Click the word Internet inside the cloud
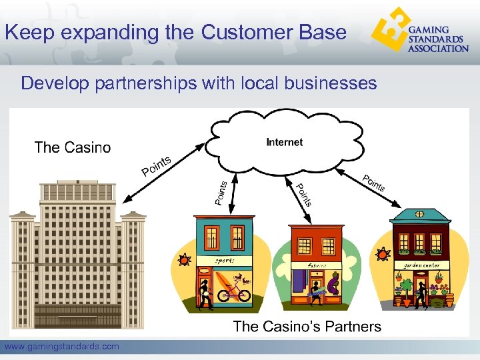pos(284,142)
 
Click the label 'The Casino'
pos(73,147)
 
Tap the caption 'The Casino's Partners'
pos(307,326)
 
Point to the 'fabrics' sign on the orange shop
pos(316,265)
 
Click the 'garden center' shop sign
pos(423,265)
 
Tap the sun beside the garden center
pos(383,255)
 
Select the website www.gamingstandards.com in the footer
pos(62,346)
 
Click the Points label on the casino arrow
pos(157,166)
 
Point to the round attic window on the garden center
pos(420,215)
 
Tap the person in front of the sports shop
pos(205,293)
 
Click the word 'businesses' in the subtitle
pos(330,83)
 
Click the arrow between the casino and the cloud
pos(163,171)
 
